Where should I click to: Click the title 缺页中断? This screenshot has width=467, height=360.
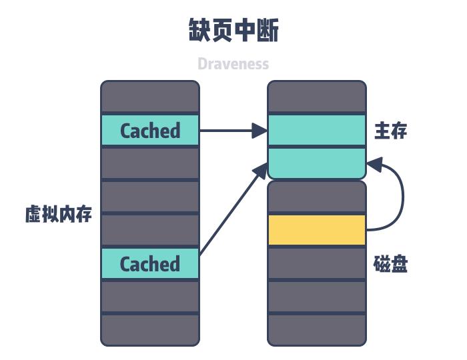233,31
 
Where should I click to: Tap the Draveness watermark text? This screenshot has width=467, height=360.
233,64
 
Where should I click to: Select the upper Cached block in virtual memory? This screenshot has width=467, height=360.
150,131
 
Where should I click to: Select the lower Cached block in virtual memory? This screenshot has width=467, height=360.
150,264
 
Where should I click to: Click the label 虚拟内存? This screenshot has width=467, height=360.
59,215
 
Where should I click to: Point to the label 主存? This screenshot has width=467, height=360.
390,131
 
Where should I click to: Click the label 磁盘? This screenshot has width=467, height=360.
390,264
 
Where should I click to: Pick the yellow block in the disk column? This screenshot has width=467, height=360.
317,230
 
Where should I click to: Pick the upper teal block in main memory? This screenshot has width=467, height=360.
317,131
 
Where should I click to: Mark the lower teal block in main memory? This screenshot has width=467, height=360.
317,163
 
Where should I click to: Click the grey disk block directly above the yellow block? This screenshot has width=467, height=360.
317,197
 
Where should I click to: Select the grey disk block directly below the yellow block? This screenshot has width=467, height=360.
317,263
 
